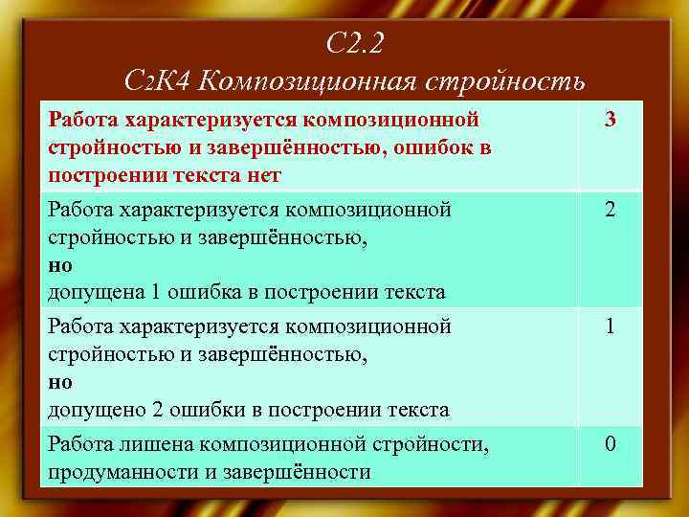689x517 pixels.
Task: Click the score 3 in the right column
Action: pos(610,121)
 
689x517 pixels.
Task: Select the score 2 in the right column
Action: pos(610,210)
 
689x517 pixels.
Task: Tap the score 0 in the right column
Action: pos(610,445)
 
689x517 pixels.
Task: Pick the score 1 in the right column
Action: pos(610,327)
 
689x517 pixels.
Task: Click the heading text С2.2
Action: pos(354,44)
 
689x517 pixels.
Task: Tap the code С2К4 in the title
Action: pos(160,80)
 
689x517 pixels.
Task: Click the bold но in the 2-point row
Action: pos(59,264)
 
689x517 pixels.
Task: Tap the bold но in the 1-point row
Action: pos(59,382)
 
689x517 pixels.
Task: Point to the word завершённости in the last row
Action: pos(308,472)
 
